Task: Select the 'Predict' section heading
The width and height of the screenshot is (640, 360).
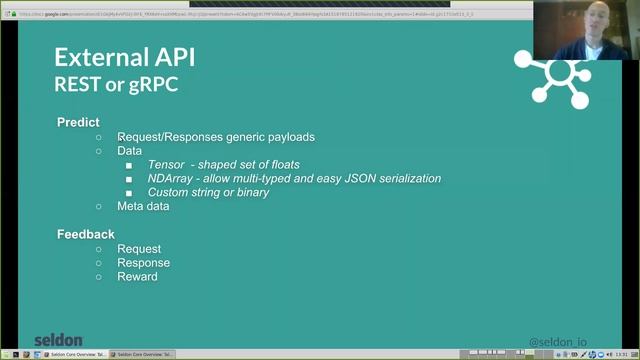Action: point(78,123)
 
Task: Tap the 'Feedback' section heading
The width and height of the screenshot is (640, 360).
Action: point(86,235)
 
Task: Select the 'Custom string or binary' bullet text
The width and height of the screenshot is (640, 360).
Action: point(208,193)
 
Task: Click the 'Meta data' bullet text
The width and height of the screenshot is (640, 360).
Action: point(143,207)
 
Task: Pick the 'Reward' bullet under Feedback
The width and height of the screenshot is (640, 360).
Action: point(137,277)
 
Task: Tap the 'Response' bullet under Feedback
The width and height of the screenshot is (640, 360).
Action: point(143,263)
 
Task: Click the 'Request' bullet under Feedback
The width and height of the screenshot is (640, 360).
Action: point(139,249)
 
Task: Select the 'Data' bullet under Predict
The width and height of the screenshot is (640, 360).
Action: point(130,151)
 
